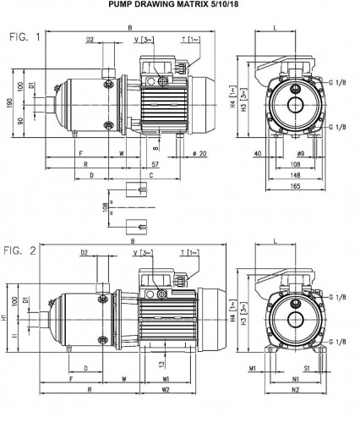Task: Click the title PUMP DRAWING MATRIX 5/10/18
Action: click(180, 6)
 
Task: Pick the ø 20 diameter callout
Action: click(201, 153)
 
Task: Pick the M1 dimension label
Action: click(253, 369)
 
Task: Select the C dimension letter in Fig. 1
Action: click(150, 176)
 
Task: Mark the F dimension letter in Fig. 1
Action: click(80, 154)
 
